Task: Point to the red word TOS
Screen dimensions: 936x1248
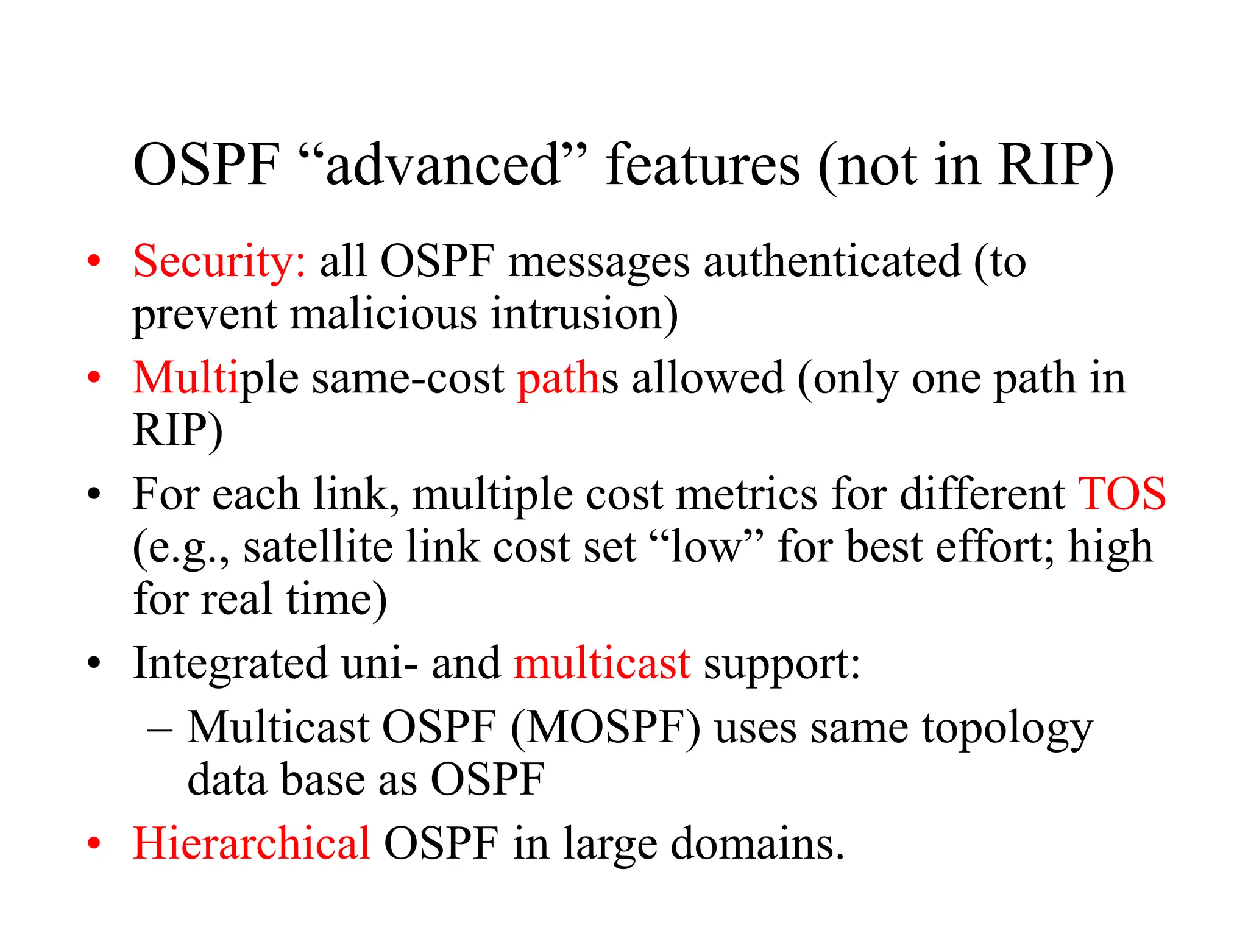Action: (1121, 494)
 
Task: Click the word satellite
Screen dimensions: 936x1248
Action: (317, 547)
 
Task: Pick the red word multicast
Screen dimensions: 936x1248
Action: (601, 663)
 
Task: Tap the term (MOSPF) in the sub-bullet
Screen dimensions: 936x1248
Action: (606, 728)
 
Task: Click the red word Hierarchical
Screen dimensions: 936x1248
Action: (251, 844)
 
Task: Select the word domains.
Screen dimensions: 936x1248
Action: (757, 844)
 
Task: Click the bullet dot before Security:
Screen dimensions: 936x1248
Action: (93, 261)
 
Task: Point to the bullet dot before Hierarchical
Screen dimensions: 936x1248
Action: (93, 843)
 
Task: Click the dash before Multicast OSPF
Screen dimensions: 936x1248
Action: (160, 728)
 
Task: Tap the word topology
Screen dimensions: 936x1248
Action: (1007, 729)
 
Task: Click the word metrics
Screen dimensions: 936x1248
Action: (746, 494)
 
